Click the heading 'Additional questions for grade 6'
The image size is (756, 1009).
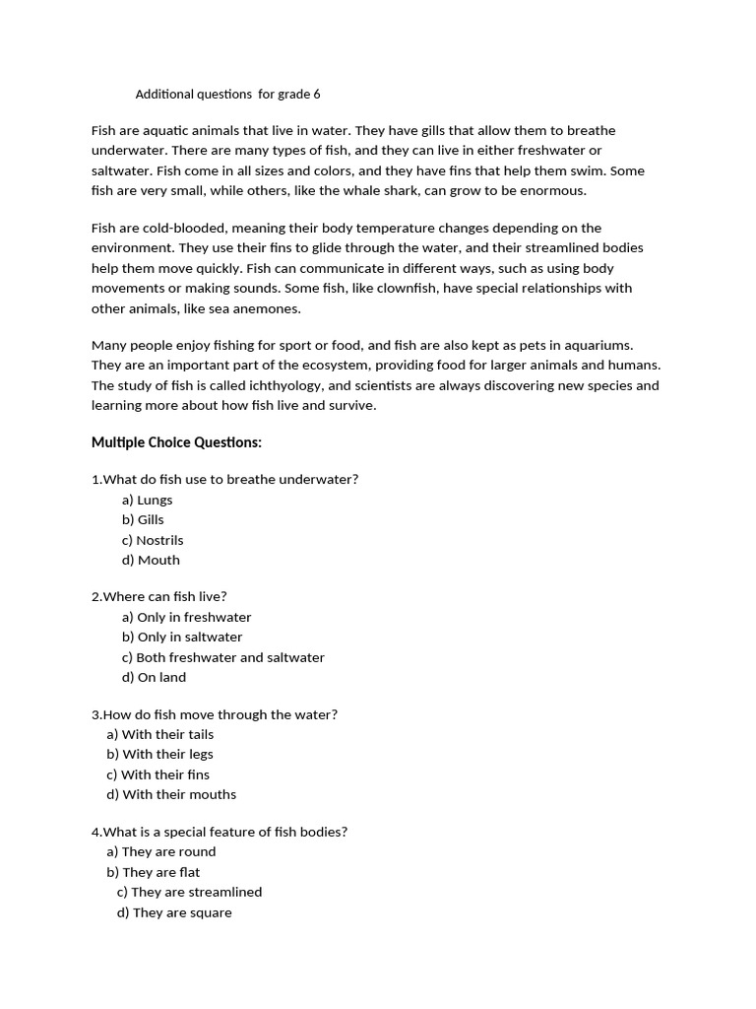227,95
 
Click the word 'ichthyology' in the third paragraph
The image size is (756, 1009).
285,385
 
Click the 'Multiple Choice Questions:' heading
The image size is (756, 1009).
176,442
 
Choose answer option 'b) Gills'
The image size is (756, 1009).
143,519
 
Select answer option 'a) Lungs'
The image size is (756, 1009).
147,500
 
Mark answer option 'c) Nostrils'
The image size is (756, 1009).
153,540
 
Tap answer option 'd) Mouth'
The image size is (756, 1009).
151,560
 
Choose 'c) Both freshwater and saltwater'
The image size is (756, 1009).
223,657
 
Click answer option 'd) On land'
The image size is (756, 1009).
154,677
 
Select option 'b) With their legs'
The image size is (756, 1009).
159,754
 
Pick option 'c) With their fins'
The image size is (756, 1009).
157,774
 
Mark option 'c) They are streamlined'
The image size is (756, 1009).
189,892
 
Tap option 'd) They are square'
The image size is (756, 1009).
174,912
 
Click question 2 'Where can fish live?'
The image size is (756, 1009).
159,596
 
